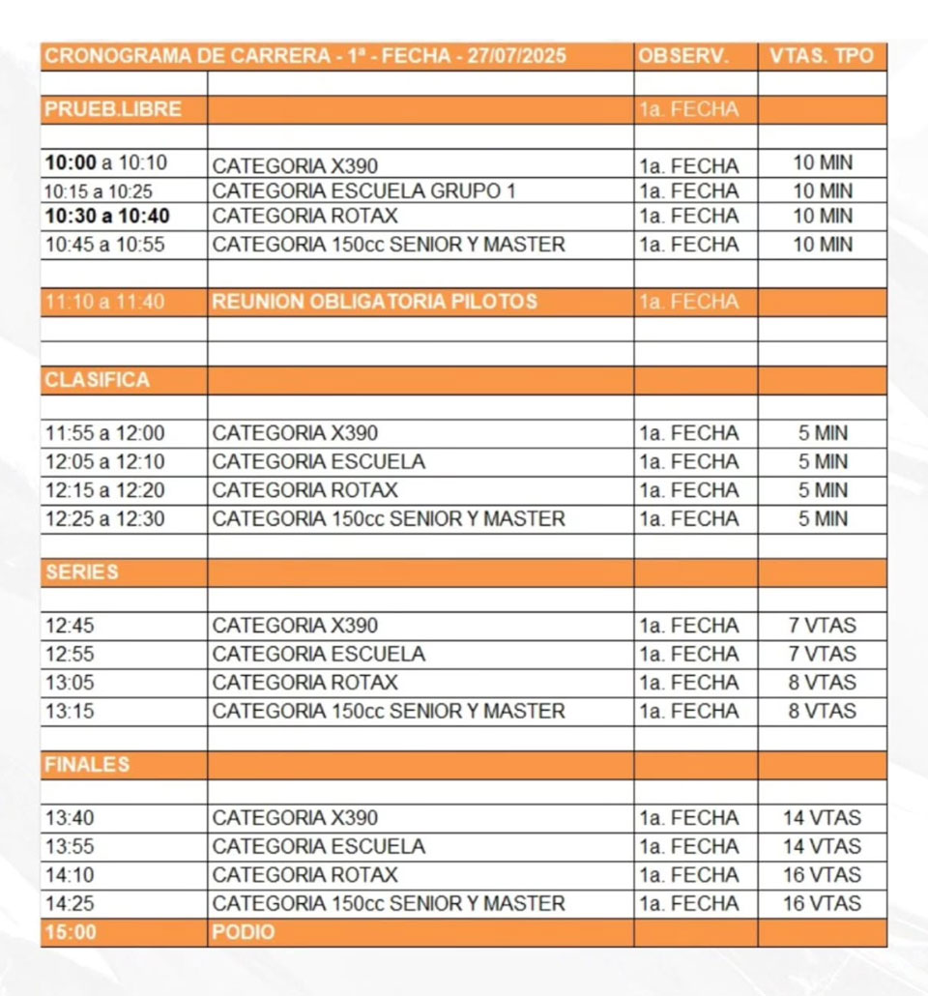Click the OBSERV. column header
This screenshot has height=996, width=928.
tap(681, 56)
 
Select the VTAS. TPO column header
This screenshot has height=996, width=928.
tap(822, 56)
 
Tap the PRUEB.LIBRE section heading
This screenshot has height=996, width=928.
tap(112, 109)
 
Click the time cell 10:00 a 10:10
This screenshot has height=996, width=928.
tap(105, 162)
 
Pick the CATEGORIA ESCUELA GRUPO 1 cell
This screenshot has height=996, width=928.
tap(363, 191)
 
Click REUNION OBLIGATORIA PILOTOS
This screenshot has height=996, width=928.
tap(374, 302)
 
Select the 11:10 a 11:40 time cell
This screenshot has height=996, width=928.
tap(104, 302)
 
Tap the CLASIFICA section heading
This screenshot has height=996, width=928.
tap(97, 380)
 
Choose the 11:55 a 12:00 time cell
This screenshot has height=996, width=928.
tap(104, 433)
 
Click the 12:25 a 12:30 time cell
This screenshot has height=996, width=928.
tap(104, 519)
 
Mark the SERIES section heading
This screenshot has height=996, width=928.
tap(81, 572)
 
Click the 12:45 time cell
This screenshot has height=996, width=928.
tap(70, 626)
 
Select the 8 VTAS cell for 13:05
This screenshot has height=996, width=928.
tap(822, 683)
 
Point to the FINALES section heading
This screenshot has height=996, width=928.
tap(86, 765)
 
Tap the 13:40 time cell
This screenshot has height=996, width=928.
tap(70, 818)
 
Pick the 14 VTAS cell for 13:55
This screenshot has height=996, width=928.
tap(822, 847)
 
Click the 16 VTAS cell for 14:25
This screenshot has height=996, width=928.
tap(822, 904)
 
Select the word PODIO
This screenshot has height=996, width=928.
tap(243, 933)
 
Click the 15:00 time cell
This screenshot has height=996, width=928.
tap(70, 933)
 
